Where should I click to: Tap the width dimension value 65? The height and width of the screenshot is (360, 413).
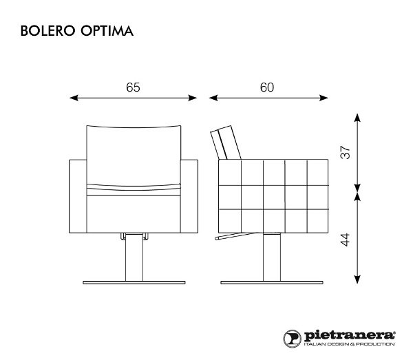[x=134, y=87]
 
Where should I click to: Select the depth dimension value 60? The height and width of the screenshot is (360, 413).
[x=267, y=87]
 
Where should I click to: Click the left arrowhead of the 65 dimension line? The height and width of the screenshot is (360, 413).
[x=74, y=99]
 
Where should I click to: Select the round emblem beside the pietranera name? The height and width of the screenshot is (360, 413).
[x=291, y=337]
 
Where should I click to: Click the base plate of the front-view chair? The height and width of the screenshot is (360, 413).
[x=134, y=282]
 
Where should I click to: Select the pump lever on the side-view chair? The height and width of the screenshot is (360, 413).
[x=231, y=238]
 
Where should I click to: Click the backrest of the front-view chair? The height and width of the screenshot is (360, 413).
[x=134, y=155]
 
